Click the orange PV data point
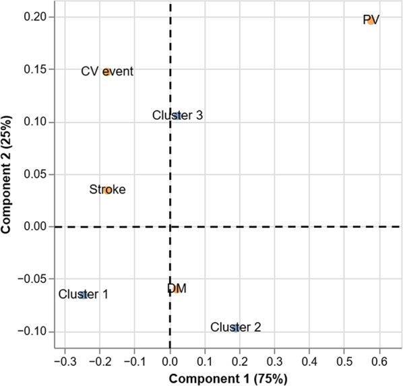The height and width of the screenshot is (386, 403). [371, 21]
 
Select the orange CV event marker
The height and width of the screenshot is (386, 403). [107, 72]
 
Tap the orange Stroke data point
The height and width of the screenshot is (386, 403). [108, 191]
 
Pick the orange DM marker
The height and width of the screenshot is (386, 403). [177, 290]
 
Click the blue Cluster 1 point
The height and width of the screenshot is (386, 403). [84, 295]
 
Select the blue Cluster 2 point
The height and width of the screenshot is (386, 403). [236, 327]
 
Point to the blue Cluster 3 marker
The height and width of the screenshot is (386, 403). [177, 116]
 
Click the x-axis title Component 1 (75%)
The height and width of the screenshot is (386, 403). [228, 379]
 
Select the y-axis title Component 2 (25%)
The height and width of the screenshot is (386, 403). [6, 174]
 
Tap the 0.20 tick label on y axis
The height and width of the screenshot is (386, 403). [35, 17]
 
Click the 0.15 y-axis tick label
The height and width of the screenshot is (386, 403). [35, 69]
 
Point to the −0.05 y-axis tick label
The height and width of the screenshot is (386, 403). [32, 279]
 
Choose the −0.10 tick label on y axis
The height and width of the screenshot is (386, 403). [32, 331]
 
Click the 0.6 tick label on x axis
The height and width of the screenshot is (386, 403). [379, 362]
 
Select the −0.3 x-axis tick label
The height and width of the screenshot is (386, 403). [65, 362]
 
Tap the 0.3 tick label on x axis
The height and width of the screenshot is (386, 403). [274, 362]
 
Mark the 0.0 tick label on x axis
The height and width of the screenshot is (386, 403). [170, 362]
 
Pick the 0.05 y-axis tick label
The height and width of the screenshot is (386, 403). [35, 174]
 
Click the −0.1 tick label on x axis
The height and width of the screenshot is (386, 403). [135, 362]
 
